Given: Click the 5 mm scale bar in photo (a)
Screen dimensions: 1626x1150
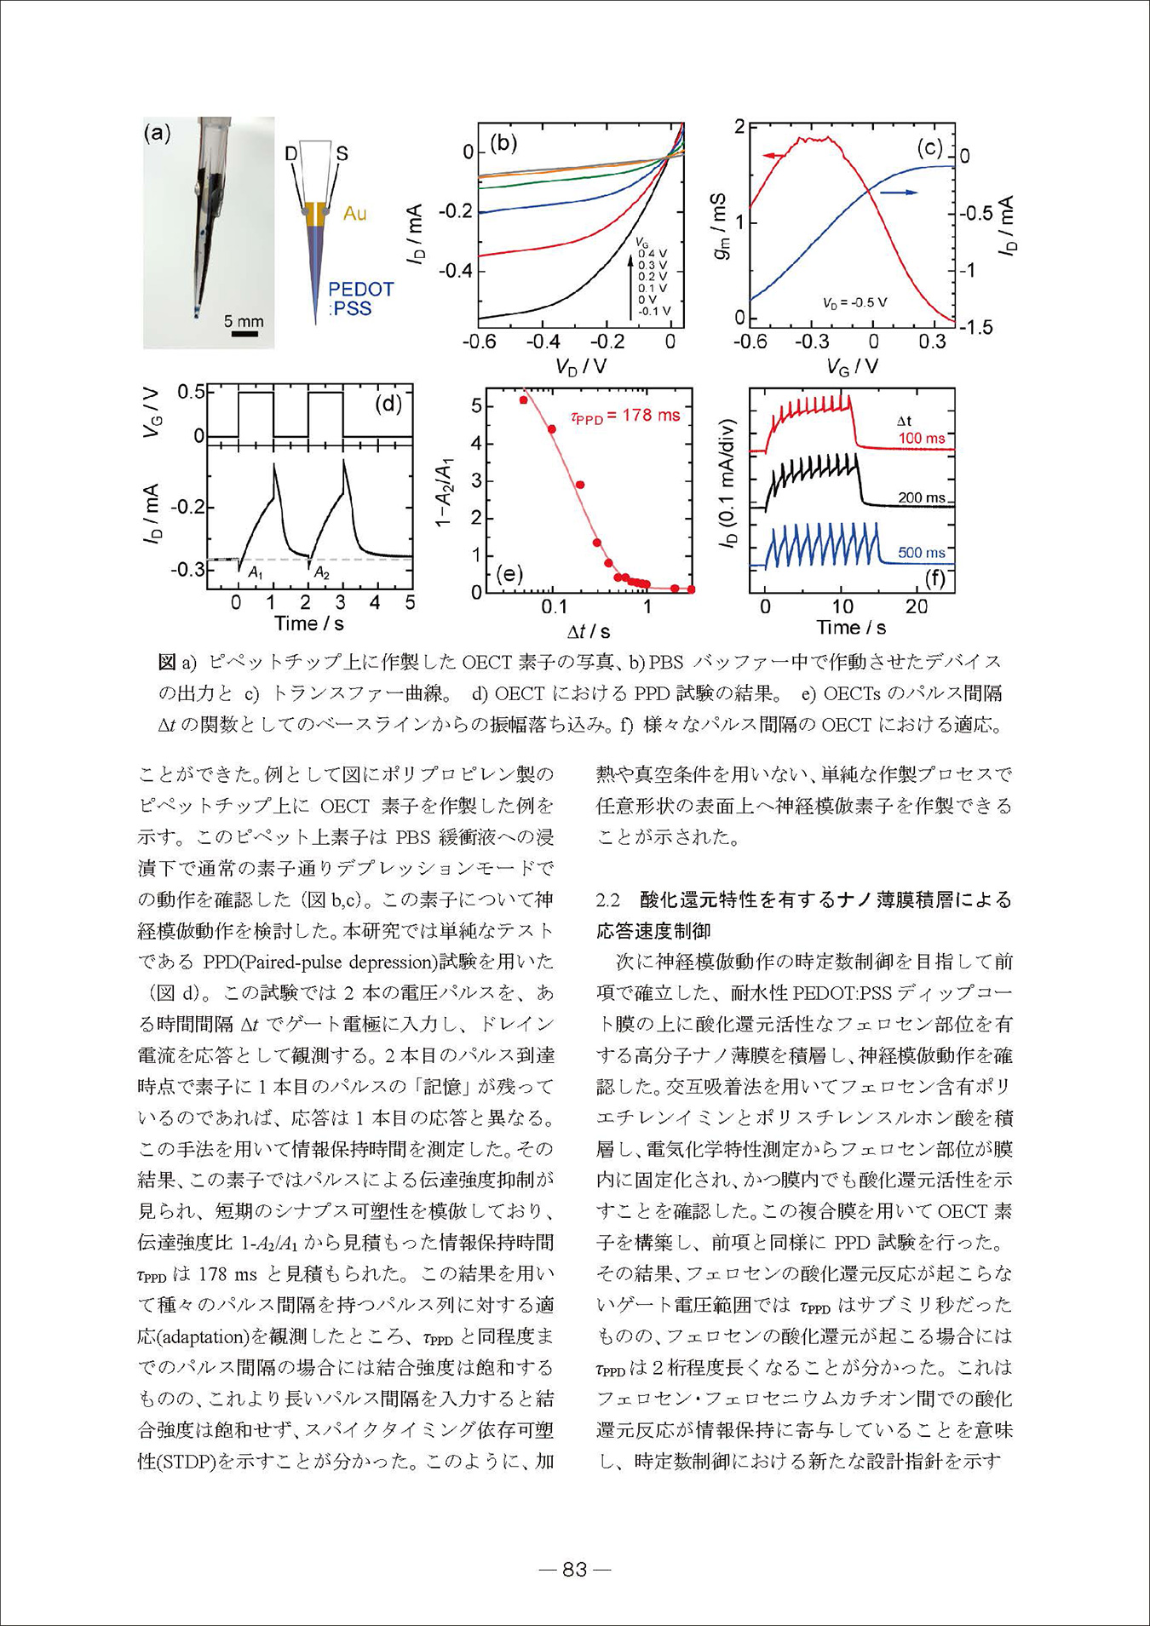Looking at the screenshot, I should pyautogui.click(x=244, y=333).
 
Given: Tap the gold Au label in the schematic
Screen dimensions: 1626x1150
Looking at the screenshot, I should pyautogui.click(x=354, y=214).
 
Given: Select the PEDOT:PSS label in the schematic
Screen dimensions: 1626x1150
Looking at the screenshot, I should pyautogui.click(x=361, y=298).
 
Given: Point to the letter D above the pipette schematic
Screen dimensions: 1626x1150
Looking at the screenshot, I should pyautogui.click(x=291, y=153).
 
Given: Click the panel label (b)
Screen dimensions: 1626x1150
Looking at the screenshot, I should pyautogui.click(x=503, y=142).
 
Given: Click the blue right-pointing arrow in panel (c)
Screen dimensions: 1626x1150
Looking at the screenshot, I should pyautogui.click(x=899, y=192).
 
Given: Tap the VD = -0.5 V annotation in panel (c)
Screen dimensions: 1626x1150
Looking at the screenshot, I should pyautogui.click(x=854, y=302).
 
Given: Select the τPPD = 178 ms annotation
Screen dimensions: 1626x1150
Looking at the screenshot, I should pyautogui.click(x=624, y=416).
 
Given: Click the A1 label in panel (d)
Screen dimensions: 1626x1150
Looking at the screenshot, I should pyautogui.click(x=256, y=574).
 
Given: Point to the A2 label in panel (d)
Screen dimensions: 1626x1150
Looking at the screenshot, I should pyautogui.click(x=321, y=573).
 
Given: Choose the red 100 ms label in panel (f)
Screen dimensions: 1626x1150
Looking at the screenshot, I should pyautogui.click(x=922, y=439).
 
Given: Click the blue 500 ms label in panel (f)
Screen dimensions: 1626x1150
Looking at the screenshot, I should pyautogui.click(x=922, y=553).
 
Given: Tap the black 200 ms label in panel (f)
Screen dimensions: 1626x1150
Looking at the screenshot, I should pyautogui.click(x=922, y=497).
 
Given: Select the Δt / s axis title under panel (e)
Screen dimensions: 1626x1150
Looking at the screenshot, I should pyautogui.click(x=589, y=631).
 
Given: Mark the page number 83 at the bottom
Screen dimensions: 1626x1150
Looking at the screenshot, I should pyautogui.click(x=575, y=1569).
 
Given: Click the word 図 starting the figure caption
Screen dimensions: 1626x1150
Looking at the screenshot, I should pyautogui.click(x=166, y=662).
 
